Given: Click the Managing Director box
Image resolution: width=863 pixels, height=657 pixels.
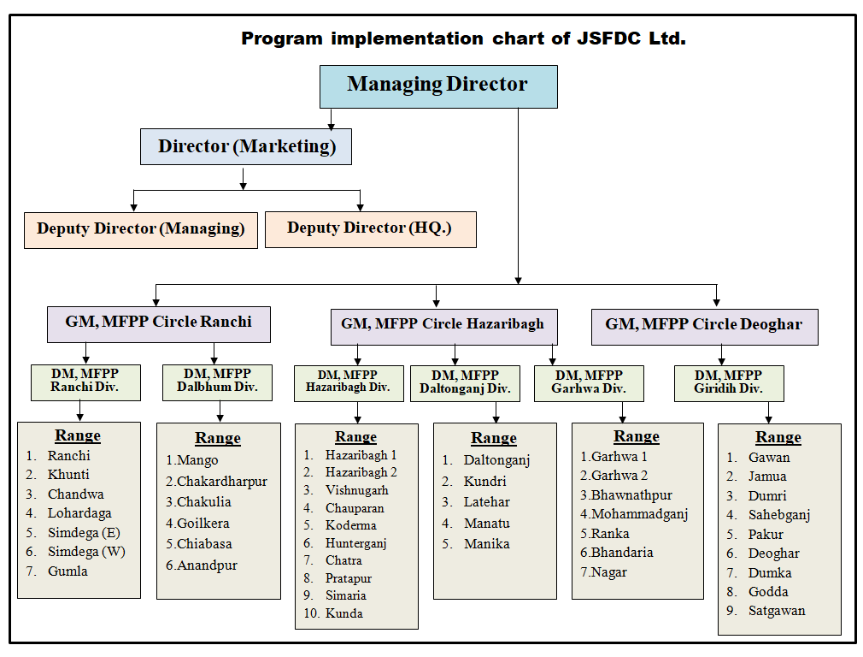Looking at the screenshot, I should [x=437, y=86].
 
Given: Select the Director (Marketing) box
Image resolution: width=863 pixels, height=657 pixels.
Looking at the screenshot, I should [x=246, y=146].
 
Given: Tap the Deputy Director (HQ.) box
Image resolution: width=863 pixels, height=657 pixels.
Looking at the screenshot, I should [x=369, y=228].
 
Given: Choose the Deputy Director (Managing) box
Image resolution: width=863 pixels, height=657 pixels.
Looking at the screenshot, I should [x=140, y=229].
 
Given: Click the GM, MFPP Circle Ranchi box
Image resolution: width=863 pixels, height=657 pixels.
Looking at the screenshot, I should [x=158, y=323].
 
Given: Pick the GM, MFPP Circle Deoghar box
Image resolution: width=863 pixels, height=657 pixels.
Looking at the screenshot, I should [x=703, y=325].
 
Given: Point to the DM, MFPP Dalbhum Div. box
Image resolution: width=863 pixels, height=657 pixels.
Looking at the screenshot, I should [x=217, y=381].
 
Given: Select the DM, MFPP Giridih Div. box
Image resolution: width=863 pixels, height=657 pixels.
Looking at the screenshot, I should [x=728, y=382].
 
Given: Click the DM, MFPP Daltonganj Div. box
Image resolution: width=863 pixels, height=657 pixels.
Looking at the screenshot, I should [x=465, y=382].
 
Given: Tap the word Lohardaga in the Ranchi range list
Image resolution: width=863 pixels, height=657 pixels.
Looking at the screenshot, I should [x=79, y=513].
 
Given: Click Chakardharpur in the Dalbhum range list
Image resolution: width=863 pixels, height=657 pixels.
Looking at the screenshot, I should [x=221, y=482].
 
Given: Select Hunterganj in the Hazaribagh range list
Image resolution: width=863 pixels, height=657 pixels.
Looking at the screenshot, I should [x=355, y=543].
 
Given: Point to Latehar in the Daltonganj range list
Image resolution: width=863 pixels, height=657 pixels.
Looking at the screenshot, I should [x=486, y=502].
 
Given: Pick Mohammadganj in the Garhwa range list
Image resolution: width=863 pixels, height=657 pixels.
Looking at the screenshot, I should [x=639, y=514].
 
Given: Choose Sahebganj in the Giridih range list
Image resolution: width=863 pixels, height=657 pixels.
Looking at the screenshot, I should [x=778, y=515].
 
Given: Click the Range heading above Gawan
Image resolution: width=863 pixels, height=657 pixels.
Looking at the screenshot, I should [x=778, y=437].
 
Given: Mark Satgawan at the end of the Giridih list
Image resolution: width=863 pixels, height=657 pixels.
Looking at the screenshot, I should [x=777, y=611].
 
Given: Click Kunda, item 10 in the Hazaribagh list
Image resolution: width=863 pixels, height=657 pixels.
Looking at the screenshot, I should [x=343, y=613].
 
